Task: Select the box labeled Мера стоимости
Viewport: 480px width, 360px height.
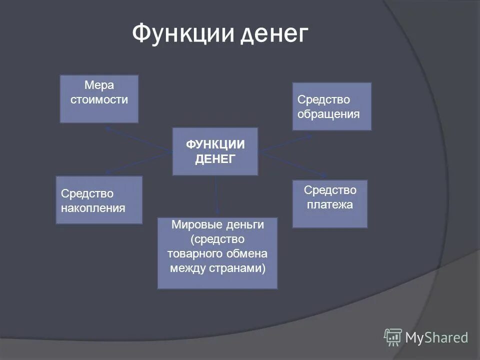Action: click(x=99, y=99)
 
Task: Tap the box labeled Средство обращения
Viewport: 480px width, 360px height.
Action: click(x=331, y=106)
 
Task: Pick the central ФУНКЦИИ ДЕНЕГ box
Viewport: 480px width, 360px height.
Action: click(x=215, y=151)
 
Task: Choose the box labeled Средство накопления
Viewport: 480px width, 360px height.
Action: click(x=99, y=199)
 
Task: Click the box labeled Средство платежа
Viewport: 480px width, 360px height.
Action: click(x=329, y=203)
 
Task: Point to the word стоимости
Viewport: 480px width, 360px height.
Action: click(x=99, y=99)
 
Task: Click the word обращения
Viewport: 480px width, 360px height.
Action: click(x=328, y=114)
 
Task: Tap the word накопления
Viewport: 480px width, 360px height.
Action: click(x=93, y=207)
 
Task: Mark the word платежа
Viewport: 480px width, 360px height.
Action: click(x=329, y=204)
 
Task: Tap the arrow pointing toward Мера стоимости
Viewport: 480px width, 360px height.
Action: click(x=137, y=139)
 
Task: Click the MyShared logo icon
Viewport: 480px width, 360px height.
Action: click(x=393, y=337)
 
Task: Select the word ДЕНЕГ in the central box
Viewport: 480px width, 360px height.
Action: click(x=215, y=159)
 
